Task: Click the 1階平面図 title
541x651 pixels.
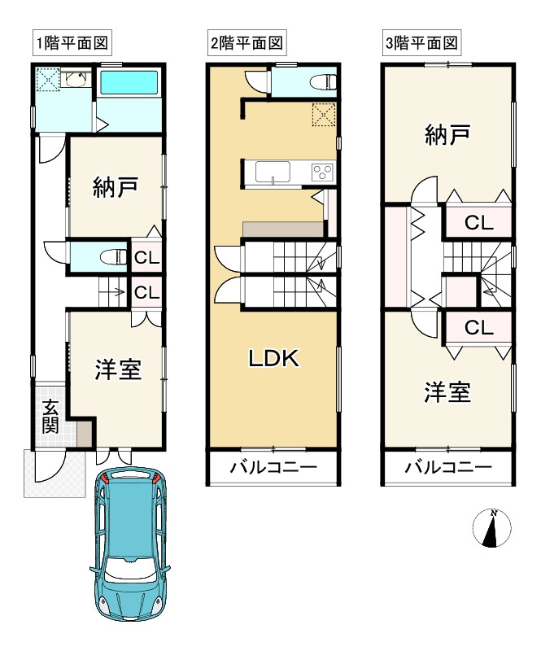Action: [x=72, y=42]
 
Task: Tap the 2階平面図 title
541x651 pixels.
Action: [x=247, y=42]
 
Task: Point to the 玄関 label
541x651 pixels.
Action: [x=50, y=416]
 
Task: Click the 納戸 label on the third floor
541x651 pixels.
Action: [x=447, y=136]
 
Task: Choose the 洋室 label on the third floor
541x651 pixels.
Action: [x=447, y=393]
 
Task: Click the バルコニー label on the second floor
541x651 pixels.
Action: [x=273, y=468]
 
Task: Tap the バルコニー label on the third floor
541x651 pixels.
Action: [x=448, y=468]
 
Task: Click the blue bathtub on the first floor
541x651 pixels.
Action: [x=129, y=83]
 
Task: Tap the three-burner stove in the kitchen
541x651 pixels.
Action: [x=321, y=173]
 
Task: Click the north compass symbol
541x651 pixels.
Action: [x=492, y=529]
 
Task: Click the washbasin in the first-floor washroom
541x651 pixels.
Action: [x=76, y=80]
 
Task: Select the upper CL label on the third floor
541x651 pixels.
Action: [x=479, y=222]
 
